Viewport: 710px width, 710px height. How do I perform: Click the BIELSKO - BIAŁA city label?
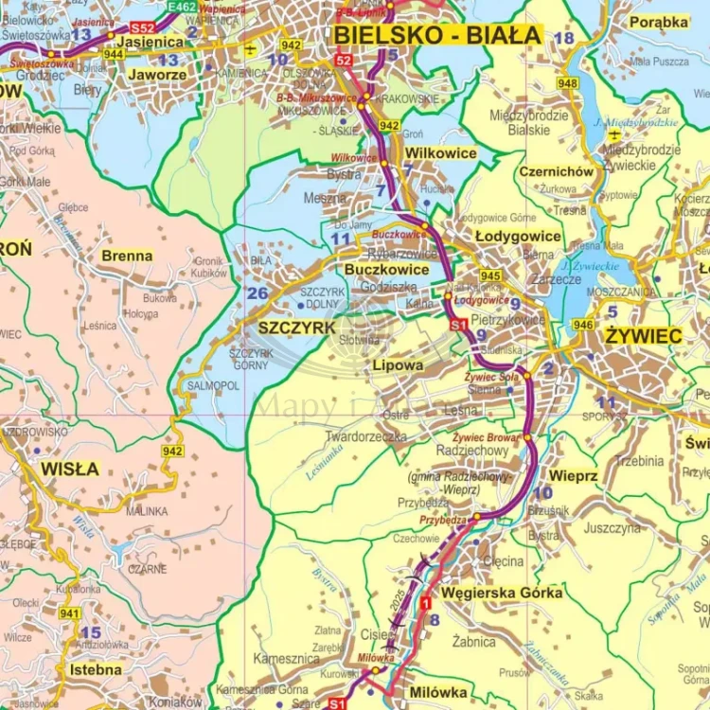[x=437, y=36]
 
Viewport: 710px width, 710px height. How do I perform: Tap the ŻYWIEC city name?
[x=644, y=336]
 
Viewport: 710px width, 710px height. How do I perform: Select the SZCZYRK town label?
[x=296, y=327]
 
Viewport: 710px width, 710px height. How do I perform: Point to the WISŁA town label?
[x=69, y=468]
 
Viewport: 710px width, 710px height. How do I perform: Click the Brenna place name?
[x=127, y=256]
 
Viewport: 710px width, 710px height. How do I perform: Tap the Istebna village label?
[x=96, y=669]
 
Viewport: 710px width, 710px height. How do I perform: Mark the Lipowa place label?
[x=398, y=364]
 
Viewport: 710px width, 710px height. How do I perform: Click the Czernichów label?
[x=556, y=171]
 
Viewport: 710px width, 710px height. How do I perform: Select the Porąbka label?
[x=659, y=22]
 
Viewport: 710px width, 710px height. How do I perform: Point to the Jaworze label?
[x=157, y=74]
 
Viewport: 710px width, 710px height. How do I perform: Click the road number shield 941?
[x=69, y=613]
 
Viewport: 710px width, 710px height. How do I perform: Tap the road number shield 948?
[x=567, y=83]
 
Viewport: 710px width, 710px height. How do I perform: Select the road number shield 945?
[x=490, y=275]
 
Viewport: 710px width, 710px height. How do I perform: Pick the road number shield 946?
[x=584, y=327]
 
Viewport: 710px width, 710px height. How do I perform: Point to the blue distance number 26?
[x=257, y=293]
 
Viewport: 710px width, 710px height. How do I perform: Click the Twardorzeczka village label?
[x=365, y=436]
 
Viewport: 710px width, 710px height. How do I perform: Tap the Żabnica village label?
[x=473, y=641]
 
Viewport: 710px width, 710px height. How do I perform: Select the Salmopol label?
[x=213, y=386]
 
